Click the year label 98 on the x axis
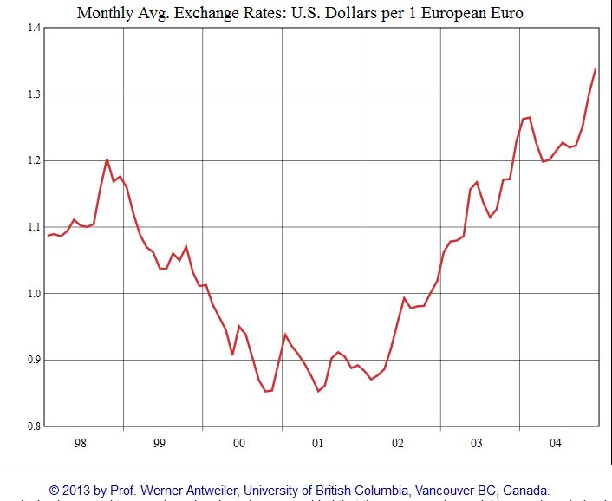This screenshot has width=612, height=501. click(81, 443)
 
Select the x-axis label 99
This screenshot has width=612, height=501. click(160, 443)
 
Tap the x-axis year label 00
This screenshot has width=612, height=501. click(239, 443)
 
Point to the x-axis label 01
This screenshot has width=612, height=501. click(318, 443)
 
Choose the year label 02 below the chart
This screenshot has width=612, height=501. click(398, 443)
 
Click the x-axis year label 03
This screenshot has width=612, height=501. click(477, 443)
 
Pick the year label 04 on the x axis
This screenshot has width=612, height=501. click(557, 443)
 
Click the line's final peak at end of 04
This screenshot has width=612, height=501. click(596, 69)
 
